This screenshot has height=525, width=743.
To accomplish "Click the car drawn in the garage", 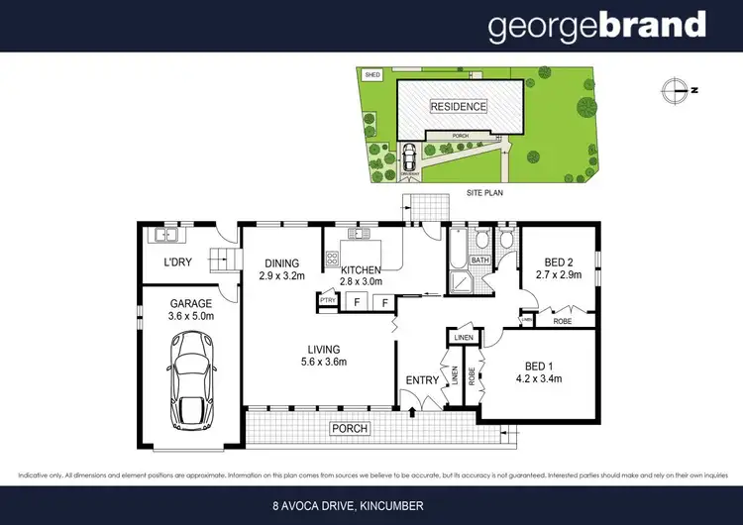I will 192,377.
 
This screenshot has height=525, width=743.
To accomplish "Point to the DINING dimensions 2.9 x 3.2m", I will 281,278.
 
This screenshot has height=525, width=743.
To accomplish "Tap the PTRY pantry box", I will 326,299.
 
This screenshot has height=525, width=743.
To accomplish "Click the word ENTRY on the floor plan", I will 422,379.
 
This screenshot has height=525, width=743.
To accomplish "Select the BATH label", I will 479,261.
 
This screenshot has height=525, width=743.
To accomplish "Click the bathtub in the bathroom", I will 456,253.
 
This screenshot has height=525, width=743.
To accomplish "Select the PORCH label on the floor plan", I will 352,429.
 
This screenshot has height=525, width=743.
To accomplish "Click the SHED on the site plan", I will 372,73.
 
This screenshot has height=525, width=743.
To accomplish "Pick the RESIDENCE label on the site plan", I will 457,106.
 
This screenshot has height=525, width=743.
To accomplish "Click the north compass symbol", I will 676,89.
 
